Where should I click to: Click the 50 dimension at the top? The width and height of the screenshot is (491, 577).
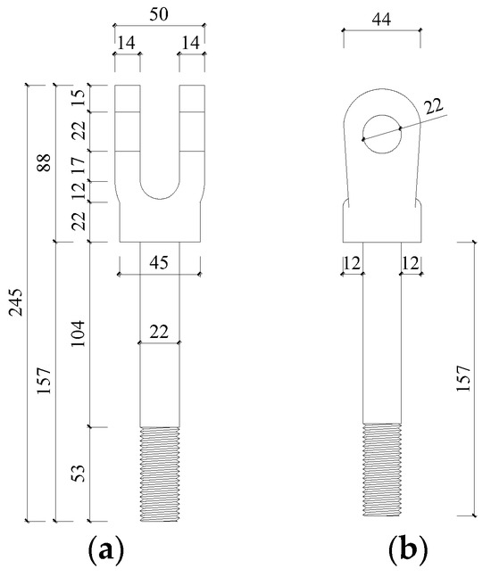(159, 14)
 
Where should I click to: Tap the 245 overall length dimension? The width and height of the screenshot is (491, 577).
(16, 302)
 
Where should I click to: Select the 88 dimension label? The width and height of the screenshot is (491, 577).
(44, 162)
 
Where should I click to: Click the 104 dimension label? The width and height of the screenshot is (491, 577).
(78, 334)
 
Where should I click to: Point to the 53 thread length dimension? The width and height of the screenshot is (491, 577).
(78, 474)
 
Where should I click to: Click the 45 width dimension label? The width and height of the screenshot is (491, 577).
(159, 263)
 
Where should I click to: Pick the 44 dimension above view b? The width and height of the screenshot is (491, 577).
(381, 19)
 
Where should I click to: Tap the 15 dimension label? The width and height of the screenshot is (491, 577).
(78, 98)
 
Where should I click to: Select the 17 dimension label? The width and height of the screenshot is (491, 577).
(78, 165)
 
